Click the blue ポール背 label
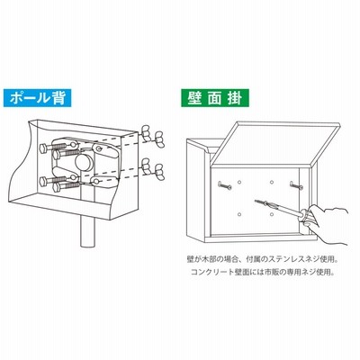tap(37, 98)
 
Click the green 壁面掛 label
tap(215, 98)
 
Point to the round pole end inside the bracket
tap(84, 162)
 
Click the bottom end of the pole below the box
tap(88, 245)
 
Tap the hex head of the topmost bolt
tap(44, 148)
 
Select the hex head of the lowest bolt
tap(57, 188)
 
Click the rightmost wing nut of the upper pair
tap(159, 139)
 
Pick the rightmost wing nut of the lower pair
tap(159, 173)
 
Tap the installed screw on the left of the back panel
tap(225, 185)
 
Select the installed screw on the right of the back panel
tap(296, 185)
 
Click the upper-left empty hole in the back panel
tap(239, 182)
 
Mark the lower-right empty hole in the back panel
tap(272, 214)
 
